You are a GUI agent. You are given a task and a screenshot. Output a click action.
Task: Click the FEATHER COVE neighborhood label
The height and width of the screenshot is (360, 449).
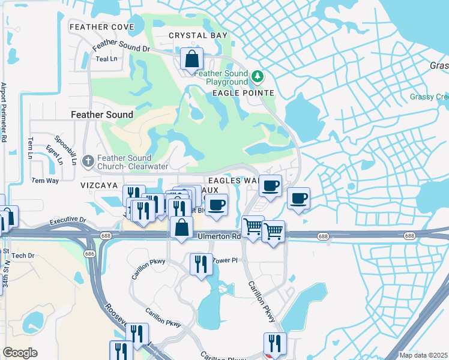coord(101,27)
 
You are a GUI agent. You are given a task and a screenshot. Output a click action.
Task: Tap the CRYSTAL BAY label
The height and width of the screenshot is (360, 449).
coord(198,35)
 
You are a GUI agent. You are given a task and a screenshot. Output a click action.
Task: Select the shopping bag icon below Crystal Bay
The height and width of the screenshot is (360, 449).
coord(191,60)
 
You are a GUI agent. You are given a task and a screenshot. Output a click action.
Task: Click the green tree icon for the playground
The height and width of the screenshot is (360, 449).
coord(258,76)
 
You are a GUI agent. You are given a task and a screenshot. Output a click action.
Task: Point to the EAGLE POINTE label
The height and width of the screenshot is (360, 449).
coord(243,93)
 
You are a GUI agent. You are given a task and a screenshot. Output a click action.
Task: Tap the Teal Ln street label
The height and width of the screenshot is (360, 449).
coord(106,59)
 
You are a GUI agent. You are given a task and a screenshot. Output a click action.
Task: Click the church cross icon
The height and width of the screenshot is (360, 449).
coord(88,161)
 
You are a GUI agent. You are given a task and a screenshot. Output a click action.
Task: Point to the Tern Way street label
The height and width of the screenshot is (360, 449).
coord(45,180)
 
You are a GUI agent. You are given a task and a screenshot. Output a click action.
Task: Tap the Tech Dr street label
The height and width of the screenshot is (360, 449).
coord(23,256)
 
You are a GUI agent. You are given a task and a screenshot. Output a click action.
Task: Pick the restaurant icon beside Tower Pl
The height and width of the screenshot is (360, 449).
coord(200,264)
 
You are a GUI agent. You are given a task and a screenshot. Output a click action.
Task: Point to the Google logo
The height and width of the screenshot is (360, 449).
coord(20,353)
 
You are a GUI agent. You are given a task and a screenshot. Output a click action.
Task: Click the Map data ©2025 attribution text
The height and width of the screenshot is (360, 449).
coord(423,355)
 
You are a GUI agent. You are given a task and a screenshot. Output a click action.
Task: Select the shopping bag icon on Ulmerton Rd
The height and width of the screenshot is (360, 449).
coord(181,228)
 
